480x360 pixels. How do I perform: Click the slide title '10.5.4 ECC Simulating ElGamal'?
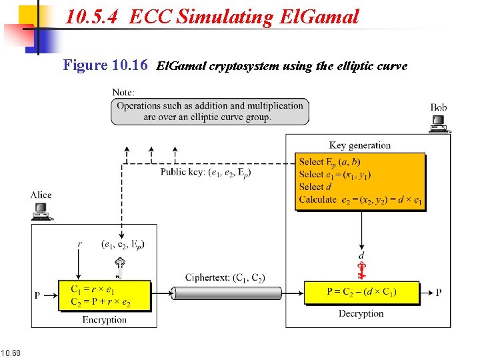212,17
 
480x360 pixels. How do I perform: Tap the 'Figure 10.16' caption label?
105,65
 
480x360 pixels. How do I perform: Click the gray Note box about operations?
210,111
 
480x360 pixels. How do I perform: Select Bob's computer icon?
439,124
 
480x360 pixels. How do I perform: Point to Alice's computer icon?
41,211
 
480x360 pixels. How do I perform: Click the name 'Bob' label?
439,107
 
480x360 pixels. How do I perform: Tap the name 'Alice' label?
41,195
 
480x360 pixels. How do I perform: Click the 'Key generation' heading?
360,145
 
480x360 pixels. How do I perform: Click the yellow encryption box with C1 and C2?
105,296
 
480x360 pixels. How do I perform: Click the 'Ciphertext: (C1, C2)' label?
225,277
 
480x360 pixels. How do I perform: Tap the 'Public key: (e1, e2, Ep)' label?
205,173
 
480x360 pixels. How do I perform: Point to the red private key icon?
361,270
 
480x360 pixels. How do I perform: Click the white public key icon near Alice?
121,268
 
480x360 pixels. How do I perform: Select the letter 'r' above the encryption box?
80,244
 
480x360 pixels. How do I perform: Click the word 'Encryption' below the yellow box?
105,320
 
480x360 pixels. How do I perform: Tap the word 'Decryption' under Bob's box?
361,313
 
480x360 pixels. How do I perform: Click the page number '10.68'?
11,352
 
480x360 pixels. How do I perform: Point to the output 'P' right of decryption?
438,293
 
